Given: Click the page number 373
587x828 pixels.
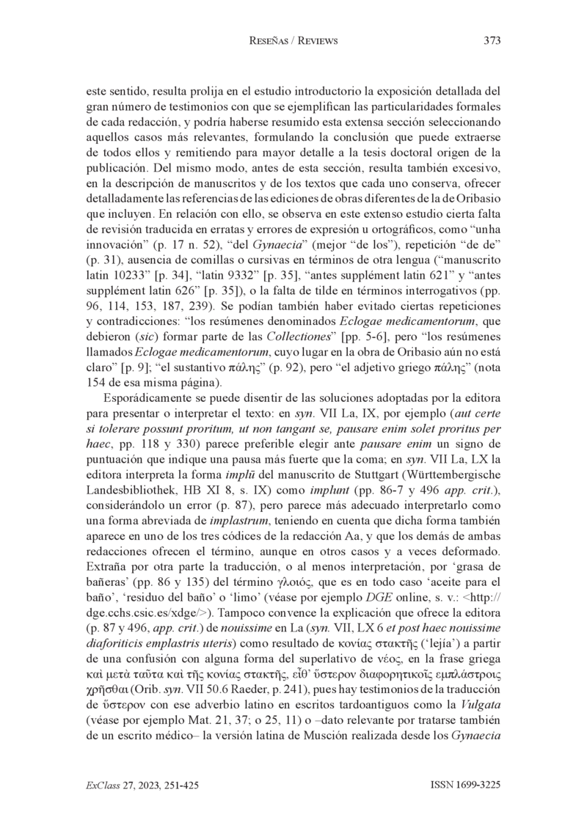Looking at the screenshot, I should pos(492,42).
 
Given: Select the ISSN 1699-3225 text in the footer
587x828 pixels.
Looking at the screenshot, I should pos(465,785).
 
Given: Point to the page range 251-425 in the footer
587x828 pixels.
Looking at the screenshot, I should pos(178,785).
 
